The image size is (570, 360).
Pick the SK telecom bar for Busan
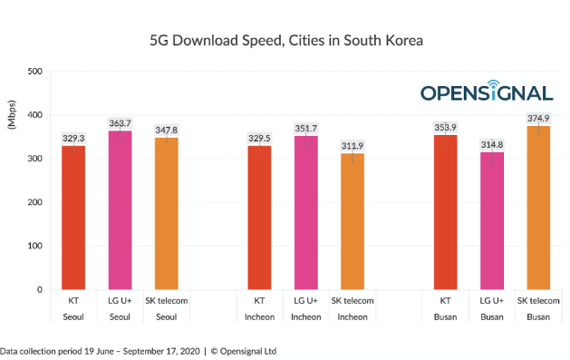tap(538, 208)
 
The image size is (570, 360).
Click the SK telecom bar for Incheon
tap(353, 221)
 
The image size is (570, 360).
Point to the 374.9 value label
tap(538, 118)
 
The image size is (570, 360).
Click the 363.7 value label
tap(120, 122)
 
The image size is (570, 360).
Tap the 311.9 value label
tap(353, 145)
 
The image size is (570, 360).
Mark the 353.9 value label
tap(445, 127)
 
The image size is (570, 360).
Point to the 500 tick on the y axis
tap(35, 72)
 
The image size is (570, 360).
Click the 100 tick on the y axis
tap(35, 246)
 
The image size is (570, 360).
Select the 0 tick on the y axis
tap(39, 289)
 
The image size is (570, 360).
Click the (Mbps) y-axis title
tap(12, 115)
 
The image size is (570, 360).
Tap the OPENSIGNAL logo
tap(487, 92)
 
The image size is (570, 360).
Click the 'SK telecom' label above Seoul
tap(167, 301)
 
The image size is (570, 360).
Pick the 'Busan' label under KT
tap(445, 316)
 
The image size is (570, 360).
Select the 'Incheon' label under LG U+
tap(306, 316)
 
